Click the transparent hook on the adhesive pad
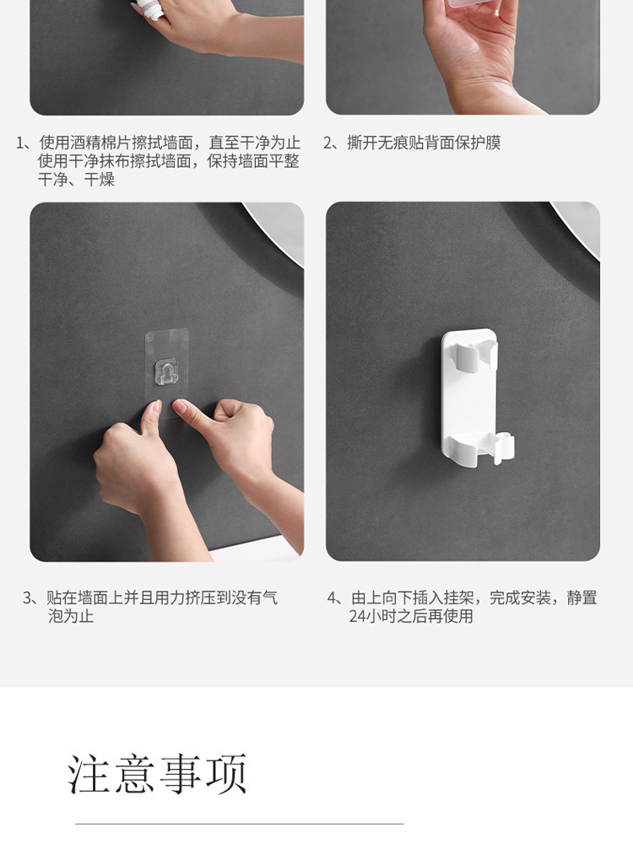165,371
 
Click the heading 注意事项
157,774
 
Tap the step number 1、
26,143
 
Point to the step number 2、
333,143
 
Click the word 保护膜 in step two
478,143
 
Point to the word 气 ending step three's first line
271,598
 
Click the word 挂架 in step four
458,598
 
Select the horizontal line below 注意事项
240,824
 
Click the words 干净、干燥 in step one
76,179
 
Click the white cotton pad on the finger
148,9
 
